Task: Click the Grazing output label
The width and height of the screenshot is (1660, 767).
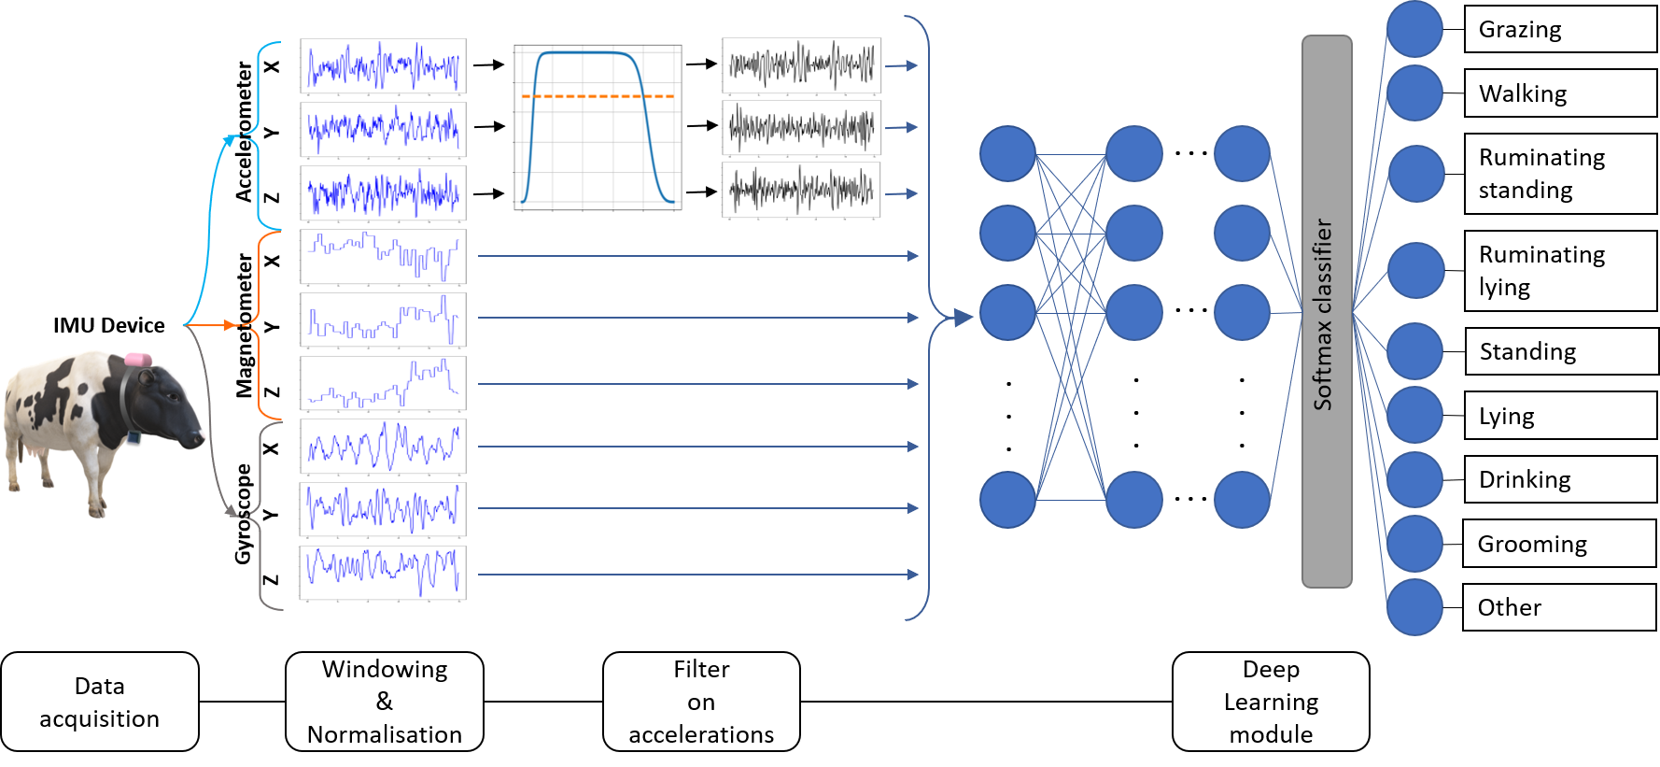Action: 1559,29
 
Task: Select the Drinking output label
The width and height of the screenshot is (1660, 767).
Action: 1559,479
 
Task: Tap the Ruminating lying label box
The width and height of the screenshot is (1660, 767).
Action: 1559,271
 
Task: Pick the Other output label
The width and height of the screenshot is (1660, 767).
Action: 1559,607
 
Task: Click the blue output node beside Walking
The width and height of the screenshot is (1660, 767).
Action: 1414,92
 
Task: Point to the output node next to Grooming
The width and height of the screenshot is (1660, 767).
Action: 1414,543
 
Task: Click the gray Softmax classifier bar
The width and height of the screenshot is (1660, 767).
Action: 1327,311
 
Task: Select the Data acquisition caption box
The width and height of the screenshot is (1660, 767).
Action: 100,702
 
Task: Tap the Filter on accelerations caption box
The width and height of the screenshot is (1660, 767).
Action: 701,702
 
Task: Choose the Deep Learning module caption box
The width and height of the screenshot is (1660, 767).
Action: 1271,702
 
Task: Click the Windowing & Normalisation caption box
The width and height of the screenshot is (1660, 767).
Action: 385,702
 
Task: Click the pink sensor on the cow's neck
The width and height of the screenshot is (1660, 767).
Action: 137,359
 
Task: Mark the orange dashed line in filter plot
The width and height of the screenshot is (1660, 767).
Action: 598,96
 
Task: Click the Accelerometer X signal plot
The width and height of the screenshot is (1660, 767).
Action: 384,65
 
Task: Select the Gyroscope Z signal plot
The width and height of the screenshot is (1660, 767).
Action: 384,572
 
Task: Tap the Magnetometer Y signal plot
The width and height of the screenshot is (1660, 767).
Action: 384,320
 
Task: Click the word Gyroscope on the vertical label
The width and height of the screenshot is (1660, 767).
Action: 243,514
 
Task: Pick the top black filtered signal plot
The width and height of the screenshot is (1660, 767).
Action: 802,64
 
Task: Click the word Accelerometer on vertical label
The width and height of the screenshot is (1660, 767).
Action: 244,131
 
